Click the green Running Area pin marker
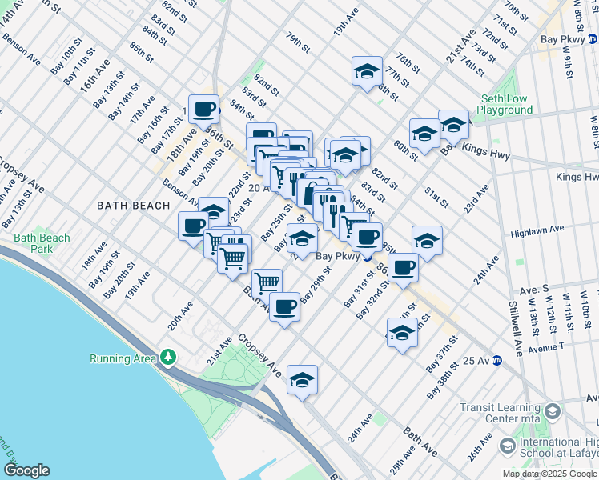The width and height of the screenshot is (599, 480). click(x=168, y=356)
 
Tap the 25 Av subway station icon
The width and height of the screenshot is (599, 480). click(x=496, y=360)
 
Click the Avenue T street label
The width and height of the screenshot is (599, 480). click(x=545, y=346)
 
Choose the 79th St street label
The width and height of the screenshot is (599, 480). click(x=298, y=43)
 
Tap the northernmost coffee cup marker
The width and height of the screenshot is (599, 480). click(x=203, y=109)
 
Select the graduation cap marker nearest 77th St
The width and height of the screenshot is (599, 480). click(x=367, y=72)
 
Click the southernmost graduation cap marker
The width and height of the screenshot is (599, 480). click(x=302, y=380)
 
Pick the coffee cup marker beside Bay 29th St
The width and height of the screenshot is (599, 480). click(x=284, y=307)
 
